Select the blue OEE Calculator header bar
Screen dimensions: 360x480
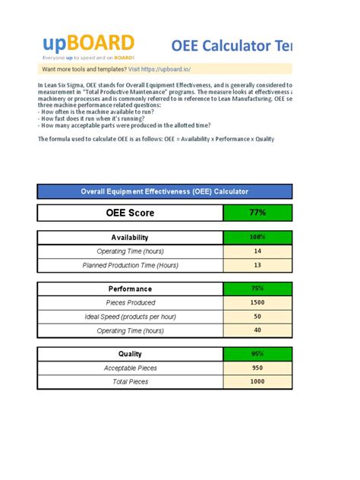tap(165, 192)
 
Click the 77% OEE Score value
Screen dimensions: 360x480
tap(257, 213)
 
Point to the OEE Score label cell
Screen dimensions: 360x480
tap(129, 213)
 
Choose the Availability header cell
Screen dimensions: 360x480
tap(129, 238)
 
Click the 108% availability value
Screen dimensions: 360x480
tap(257, 238)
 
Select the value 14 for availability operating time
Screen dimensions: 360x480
tap(257, 251)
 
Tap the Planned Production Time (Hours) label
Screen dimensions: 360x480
tap(130, 266)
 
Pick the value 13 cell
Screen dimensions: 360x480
tap(257, 266)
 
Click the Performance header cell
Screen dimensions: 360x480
tap(129, 289)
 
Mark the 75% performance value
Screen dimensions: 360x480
tap(257, 289)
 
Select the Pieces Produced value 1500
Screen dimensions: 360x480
tap(257, 302)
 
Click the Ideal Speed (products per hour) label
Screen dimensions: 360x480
tap(130, 317)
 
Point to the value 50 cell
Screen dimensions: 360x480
tap(257, 317)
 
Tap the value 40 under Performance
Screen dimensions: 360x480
tap(257, 330)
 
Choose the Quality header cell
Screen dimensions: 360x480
tap(129, 354)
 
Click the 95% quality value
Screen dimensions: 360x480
tap(257, 354)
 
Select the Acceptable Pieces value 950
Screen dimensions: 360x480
tap(257, 368)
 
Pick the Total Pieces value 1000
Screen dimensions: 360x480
tap(257, 382)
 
